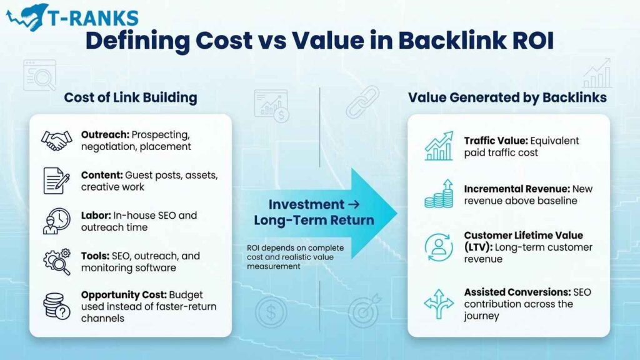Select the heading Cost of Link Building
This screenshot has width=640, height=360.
click(130, 97)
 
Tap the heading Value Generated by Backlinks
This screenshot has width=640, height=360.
click(507, 97)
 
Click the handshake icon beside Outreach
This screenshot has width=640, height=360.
click(56, 141)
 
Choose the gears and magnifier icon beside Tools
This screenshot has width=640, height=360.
click(56, 261)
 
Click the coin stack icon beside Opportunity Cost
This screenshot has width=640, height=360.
click(56, 306)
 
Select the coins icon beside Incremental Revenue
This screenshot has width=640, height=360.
click(439, 194)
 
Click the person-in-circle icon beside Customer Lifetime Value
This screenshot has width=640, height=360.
click(439, 246)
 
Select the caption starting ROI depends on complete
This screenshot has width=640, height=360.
click(294, 256)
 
